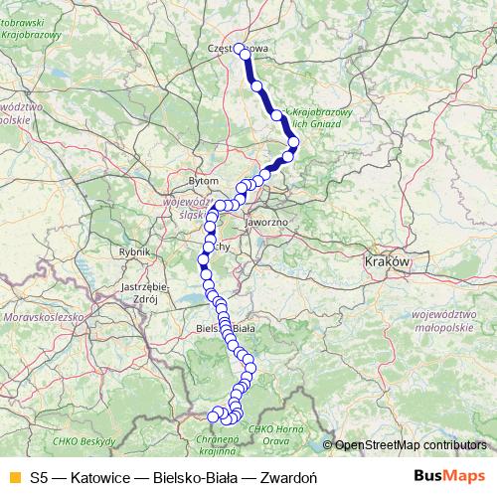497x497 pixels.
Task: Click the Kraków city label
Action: click(x=388, y=260)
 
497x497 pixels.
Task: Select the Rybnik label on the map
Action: click(x=132, y=252)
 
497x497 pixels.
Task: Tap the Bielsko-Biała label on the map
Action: click(x=227, y=327)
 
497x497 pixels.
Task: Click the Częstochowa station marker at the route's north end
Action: click(x=240, y=48)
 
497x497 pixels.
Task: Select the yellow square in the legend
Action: click(x=14, y=476)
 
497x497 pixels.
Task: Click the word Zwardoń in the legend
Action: click(x=287, y=476)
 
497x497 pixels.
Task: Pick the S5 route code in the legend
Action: click(x=39, y=476)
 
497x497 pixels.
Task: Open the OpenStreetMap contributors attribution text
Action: click(x=411, y=445)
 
